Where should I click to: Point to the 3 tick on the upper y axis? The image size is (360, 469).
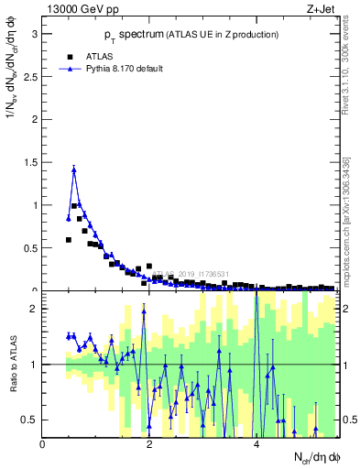pyautogui.click(x=34, y=35)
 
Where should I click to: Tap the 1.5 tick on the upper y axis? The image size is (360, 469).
pyautogui.click(x=30, y=162)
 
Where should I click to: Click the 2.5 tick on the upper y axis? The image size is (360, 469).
pyautogui.click(x=30, y=77)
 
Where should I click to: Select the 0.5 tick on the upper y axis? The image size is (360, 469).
pyautogui.click(x=30, y=247)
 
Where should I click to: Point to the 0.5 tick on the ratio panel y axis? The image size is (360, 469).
pyautogui.click(x=30, y=420)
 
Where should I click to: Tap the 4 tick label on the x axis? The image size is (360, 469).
pyautogui.click(x=256, y=445)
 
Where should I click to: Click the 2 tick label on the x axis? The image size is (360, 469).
pyautogui.click(x=149, y=445)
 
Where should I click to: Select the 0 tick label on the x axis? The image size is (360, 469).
pyautogui.click(x=43, y=445)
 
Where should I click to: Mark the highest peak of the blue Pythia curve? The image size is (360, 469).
pyautogui.click(x=73, y=169)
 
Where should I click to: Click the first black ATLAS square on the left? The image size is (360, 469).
pyautogui.click(x=69, y=239)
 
